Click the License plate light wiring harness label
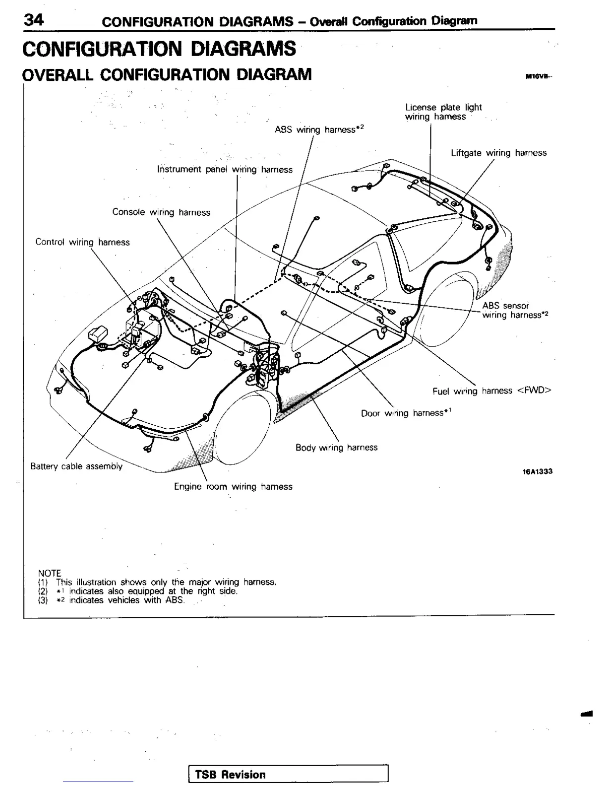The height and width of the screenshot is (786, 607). click(x=443, y=112)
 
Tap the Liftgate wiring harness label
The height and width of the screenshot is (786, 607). click(x=498, y=153)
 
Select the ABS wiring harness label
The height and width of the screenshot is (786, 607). click(x=319, y=130)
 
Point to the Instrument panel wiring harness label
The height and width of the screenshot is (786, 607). click(x=225, y=169)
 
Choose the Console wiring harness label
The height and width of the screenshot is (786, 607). click(x=161, y=212)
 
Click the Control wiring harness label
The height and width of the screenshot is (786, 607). click(x=82, y=242)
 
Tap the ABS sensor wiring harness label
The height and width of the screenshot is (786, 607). click(x=515, y=310)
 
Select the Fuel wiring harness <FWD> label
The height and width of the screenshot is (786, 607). click(x=491, y=391)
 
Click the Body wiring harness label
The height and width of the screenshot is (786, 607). click(x=336, y=448)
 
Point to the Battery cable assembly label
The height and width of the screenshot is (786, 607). click(x=76, y=466)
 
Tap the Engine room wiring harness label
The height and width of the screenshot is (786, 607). click(x=233, y=487)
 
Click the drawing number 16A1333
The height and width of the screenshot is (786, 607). click(x=537, y=471)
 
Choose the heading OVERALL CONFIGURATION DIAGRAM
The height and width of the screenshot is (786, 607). click(x=167, y=74)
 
